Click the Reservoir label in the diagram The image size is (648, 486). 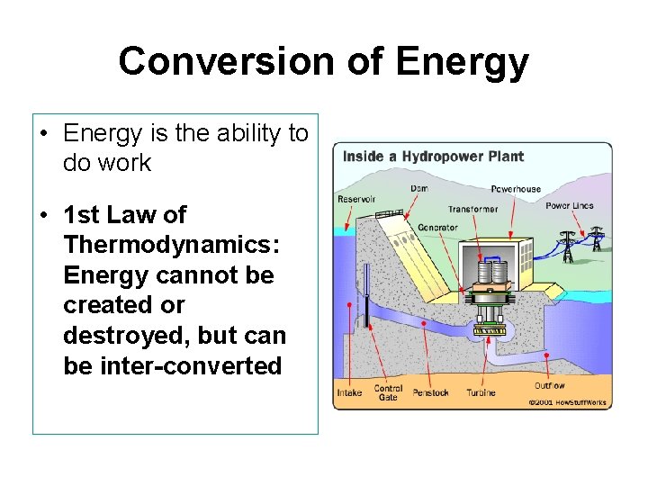coord(356,199)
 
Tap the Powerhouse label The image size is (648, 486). coord(517,189)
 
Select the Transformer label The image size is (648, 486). coord(472,209)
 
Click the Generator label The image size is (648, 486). coord(437,227)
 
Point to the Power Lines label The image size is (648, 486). coord(570,206)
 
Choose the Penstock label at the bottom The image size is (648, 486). coord(430,392)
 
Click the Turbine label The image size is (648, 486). coord(481,392)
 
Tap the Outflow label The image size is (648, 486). coord(550,385)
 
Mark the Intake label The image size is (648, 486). coord(349,392)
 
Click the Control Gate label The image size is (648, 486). coord(388,392)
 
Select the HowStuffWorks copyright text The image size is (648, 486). coord(568,402)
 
